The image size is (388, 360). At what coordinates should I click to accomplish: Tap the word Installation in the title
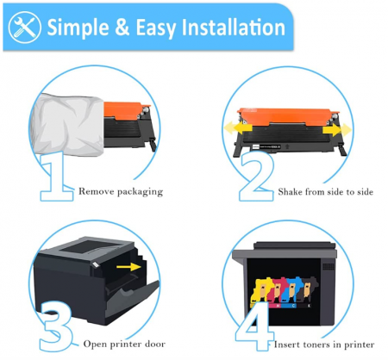[x=223, y=27]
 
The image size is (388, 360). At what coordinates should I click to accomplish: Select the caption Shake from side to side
[x=325, y=191]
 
